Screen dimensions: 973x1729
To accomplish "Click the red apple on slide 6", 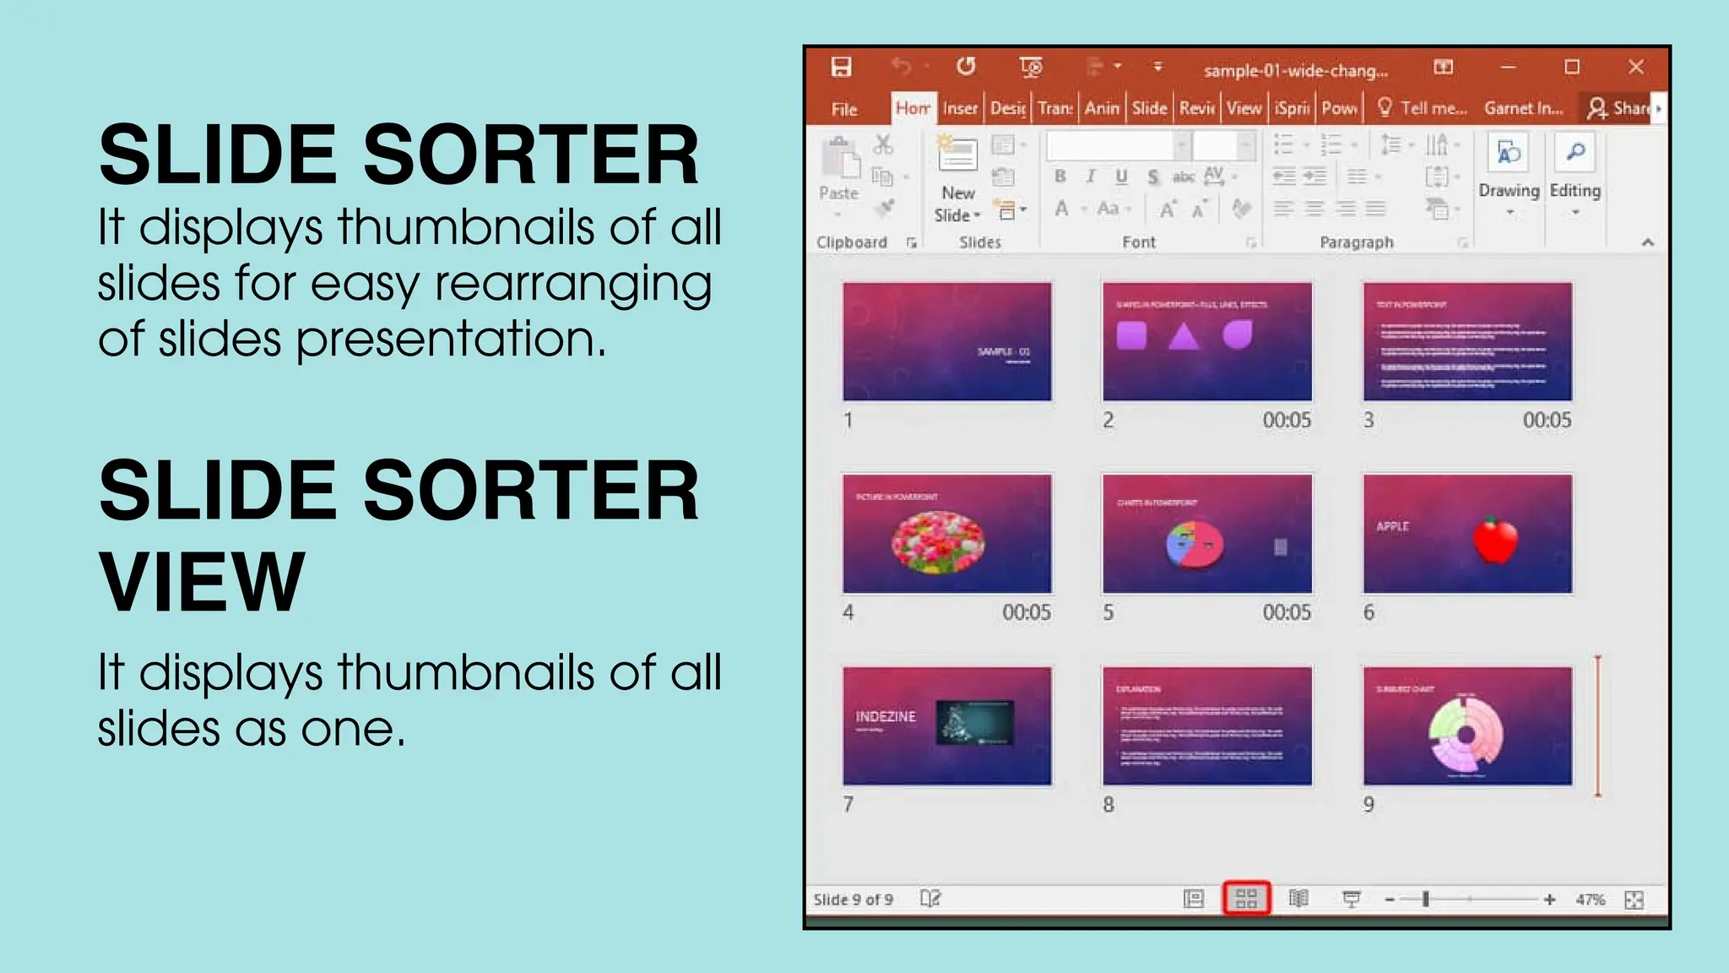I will click(1495, 541).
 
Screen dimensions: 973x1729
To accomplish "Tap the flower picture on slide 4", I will click(938, 541).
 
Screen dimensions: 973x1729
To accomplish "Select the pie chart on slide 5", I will click(1195, 545).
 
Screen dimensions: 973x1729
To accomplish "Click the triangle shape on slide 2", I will click(1184, 336).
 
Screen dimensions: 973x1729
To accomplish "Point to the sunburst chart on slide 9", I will click(1466, 734).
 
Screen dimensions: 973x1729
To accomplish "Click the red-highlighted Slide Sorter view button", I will click(1246, 899).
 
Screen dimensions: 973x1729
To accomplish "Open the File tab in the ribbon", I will click(844, 109).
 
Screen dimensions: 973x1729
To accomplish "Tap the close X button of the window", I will click(1636, 67).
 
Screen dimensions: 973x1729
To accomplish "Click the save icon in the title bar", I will click(841, 67).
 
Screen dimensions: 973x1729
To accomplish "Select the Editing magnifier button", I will click(1575, 165).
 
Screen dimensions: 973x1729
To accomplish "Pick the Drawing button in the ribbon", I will click(1509, 165).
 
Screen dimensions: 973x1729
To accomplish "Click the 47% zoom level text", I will click(1590, 900).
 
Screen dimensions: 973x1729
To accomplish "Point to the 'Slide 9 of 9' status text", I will click(853, 900).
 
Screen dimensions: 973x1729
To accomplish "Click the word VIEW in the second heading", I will click(202, 582).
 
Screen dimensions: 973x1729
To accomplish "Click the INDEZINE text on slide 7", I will click(886, 716).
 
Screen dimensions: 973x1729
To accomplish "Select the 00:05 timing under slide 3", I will click(1547, 421).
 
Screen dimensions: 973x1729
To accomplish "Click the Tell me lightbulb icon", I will click(1385, 107).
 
